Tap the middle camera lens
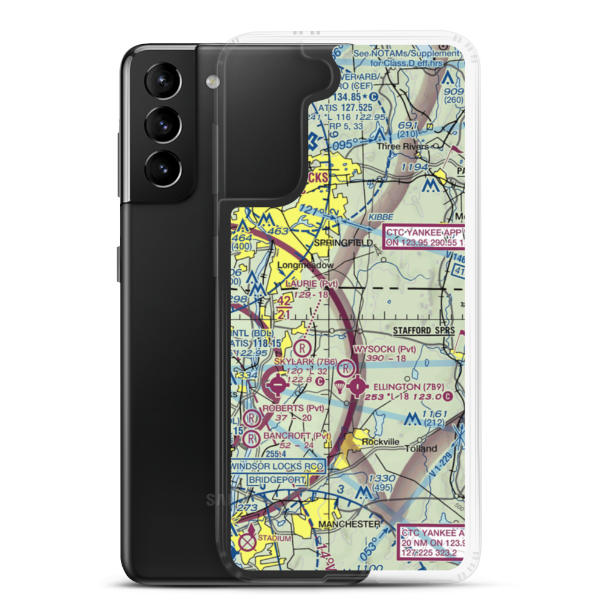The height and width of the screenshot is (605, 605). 162,125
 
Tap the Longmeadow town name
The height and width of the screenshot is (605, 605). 306,265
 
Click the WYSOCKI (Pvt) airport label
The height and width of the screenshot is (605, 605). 385,349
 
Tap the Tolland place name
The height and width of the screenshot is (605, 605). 421,448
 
